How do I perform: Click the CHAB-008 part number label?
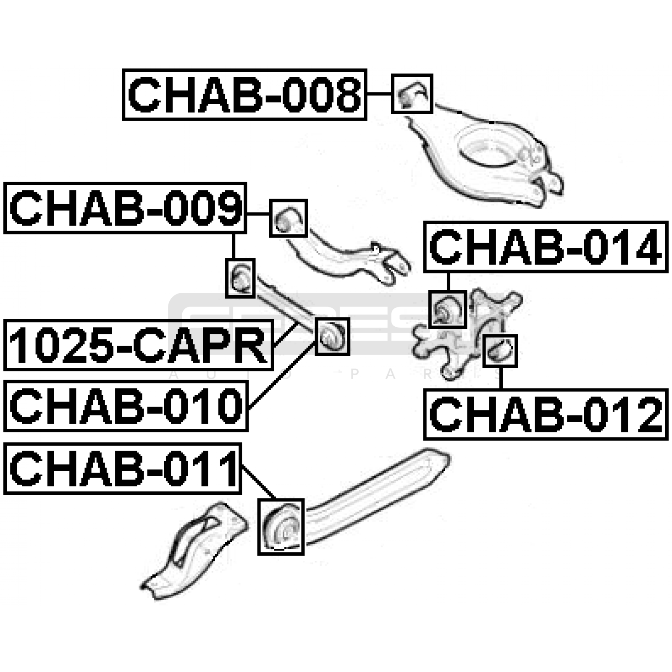[x=244, y=95]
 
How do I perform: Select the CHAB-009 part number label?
[x=125, y=208]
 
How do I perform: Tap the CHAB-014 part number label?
[x=545, y=247]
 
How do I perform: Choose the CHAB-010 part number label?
[x=126, y=406]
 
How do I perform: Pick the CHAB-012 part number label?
[x=545, y=415]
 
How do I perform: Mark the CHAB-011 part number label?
[x=123, y=469]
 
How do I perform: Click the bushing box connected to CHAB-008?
[x=412, y=94]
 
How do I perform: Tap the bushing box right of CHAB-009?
[x=288, y=218]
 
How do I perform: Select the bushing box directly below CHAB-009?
[x=240, y=278]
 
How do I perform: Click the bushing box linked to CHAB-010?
[x=332, y=336]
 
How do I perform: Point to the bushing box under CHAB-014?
[x=448, y=309]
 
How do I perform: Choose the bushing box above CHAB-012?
[x=500, y=351]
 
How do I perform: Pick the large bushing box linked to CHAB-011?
[x=281, y=527]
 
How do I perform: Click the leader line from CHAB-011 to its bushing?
[x=258, y=483]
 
